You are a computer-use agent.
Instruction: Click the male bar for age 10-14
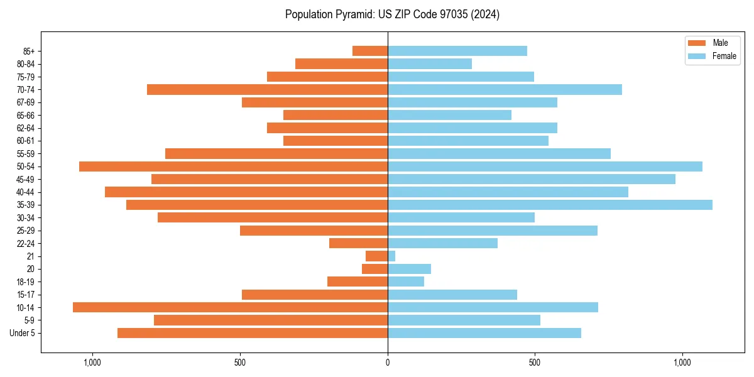pyautogui.click(x=230, y=307)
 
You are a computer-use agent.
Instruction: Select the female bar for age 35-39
pyautogui.click(x=550, y=205)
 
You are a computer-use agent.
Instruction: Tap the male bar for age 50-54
pyautogui.click(x=233, y=167)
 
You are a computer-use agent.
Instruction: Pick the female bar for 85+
pyautogui.click(x=457, y=51)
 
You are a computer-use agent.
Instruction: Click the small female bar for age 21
pyautogui.click(x=391, y=256)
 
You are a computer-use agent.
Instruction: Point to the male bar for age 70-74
pyautogui.click(x=267, y=90)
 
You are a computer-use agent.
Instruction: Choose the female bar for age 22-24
pyautogui.click(x=442, y=243)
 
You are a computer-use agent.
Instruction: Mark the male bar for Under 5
pyautogui.click(x=253, y=333)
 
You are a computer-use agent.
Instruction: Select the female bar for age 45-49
pyautogui.click(x=532, y=179)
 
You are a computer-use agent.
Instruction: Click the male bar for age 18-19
pyautogui.click(x=358, y=281)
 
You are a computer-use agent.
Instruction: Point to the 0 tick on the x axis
pyautogui.click(x=388, y=363)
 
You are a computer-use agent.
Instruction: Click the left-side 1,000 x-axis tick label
pyautogui.click(x=92, y=363)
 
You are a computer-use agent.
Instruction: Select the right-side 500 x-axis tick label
pyautogui.click(x=535, y=363)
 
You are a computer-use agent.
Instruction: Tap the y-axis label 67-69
pyautogui.click(x=26, y=102)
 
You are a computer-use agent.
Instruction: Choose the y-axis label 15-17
pyautogui.click(x=26, y=295)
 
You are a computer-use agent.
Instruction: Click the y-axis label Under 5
pyautogui.click(x=23, y=333)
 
